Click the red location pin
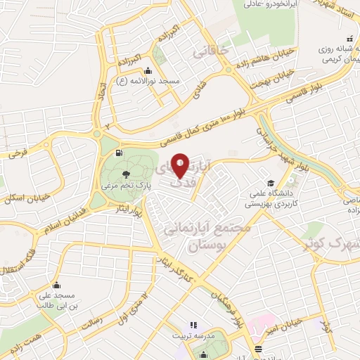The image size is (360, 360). click(180, 165)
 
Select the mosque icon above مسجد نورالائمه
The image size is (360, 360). click(148, 71)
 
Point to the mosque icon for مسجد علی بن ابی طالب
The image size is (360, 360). click(56, 285)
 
